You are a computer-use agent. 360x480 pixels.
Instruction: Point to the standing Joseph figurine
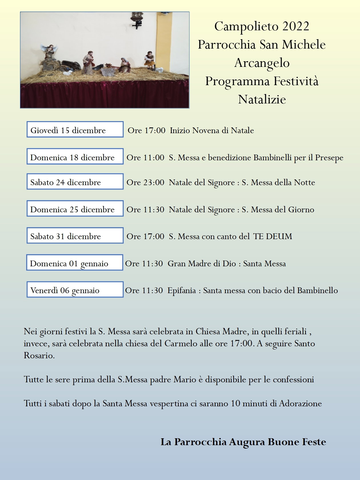click(89, 62)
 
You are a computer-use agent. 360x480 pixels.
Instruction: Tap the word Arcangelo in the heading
click(262, 63)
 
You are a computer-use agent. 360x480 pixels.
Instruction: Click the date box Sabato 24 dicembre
click(75, 181)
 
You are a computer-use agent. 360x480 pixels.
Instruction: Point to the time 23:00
click(153, 183)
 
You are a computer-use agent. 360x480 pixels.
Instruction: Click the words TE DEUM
click(273, 237)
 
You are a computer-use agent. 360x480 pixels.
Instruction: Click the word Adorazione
click(300, 403)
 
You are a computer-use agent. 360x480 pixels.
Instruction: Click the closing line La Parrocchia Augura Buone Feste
click(243, 442)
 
